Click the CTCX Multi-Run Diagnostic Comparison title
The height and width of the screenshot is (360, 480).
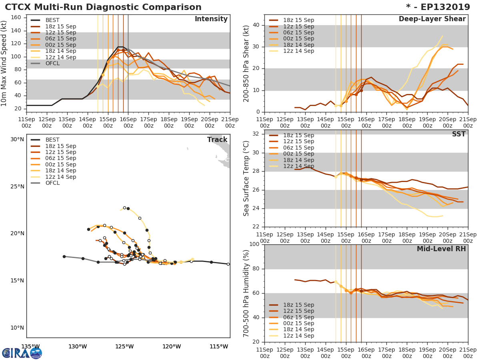pyautogui.click(x=103, y=7)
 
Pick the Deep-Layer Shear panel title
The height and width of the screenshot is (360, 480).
pyautogui.click(x=432, y=19)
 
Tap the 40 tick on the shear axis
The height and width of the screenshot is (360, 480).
pyautogui.click(x=256, y=25)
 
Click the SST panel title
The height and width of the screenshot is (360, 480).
pyautogui.click(x=458, y=134)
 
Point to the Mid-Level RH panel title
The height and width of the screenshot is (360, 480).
pyautogui.click(x=441, y=249)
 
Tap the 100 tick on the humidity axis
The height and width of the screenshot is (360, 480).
pyautogui.click(x=254, y=244)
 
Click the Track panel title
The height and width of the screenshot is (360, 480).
pyautogui.click(x=217, y=140)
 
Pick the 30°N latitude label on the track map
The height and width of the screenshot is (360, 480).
pyautogui.click(x=17, y=139)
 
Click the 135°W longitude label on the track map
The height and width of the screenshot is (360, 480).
pyautogui.click(x=30, y=346)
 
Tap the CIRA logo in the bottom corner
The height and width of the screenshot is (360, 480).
pyautogui.click(x=22, y=353)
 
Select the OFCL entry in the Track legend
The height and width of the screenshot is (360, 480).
pyautogui.click(x=52, y=183)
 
